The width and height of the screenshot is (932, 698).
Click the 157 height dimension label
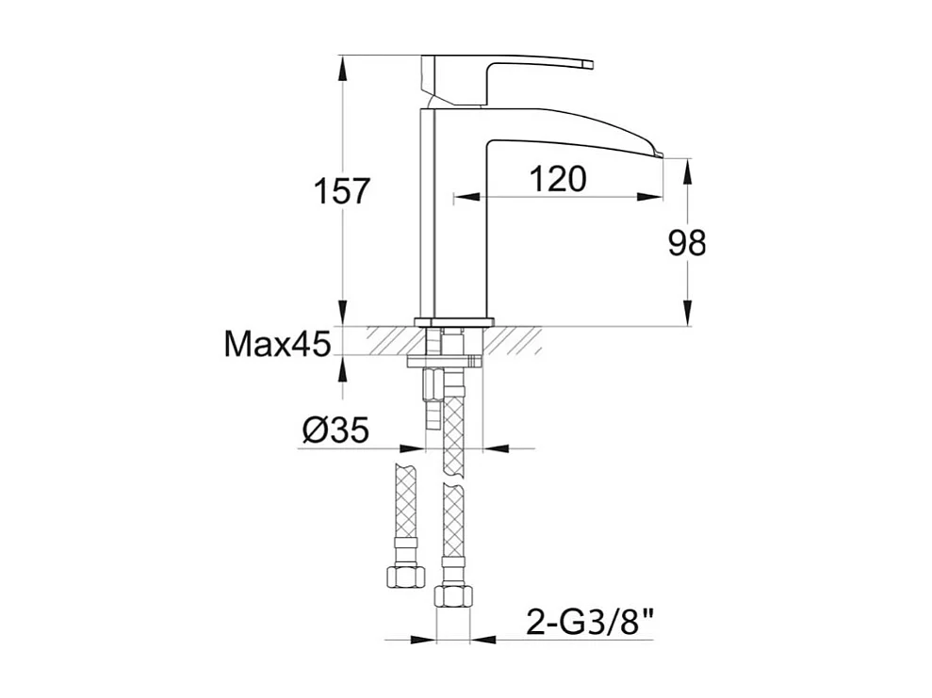tap(342, 190)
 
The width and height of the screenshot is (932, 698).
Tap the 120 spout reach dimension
tap(558, 179)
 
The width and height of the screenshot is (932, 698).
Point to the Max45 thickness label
tap(277, 344)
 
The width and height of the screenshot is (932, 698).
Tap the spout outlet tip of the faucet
tap(660, 155)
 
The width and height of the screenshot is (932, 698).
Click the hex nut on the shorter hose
tap(405, 576)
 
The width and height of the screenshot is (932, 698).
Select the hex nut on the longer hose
tap(454, 594)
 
